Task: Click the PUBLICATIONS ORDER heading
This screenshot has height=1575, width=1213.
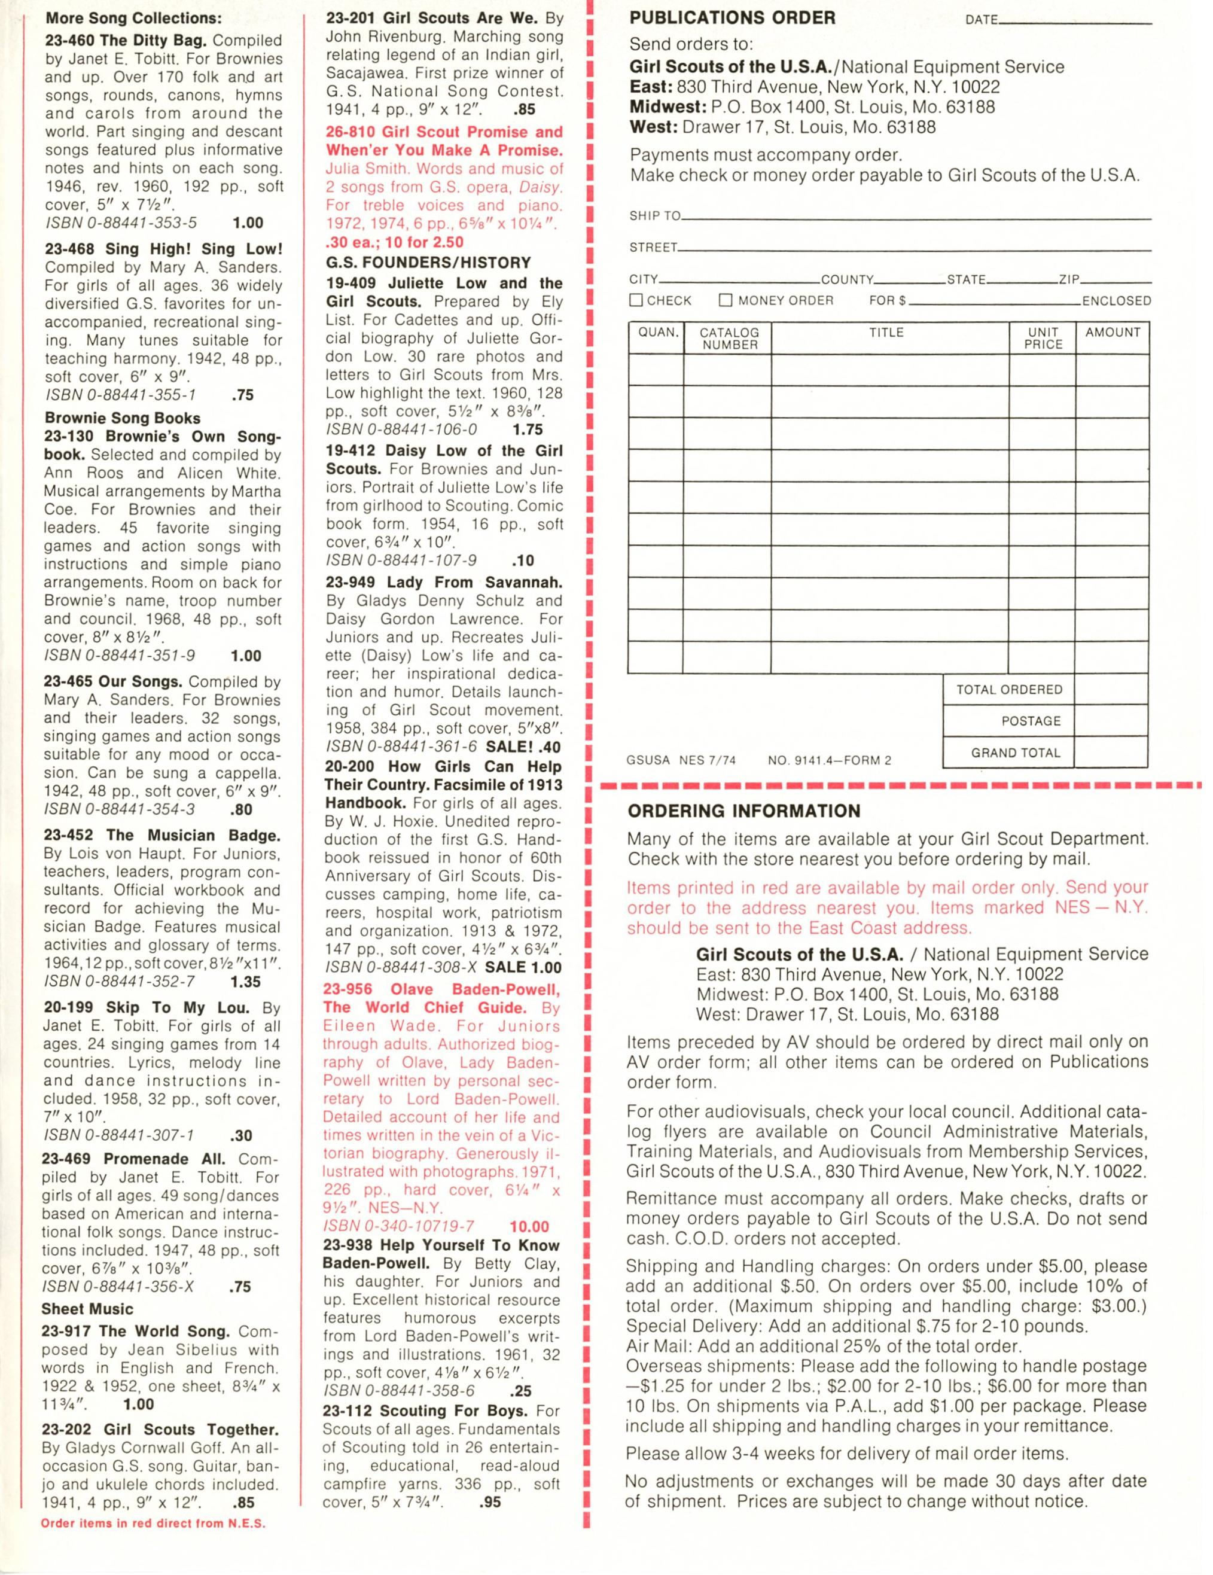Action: [x=732, y=19]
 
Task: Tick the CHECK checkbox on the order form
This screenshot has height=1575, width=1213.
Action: [x=636, y=300]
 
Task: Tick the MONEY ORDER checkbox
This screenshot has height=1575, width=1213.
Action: [x=726, y=300]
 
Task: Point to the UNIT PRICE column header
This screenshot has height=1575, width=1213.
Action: [x=1043, y=338]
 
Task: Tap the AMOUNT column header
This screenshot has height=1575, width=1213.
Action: [x=1113, y=333]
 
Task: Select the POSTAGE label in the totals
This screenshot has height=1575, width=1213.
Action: [x=1031, y=721]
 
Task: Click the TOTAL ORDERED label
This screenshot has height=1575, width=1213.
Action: [x=1009, y=690]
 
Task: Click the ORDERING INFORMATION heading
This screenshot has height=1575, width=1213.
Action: [x=743, y=811]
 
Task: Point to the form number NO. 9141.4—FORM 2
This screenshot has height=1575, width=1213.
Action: [x=830, y=760]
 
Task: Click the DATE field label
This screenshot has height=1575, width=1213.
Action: [x=981, y=20]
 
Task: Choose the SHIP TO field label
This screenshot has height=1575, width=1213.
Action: [x=655, y=215]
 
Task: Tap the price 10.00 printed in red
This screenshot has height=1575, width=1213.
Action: [x=529, y=1227]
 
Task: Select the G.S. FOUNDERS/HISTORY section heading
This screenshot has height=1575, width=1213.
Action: [x=428, y=263]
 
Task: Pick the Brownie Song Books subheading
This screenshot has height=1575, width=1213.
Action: [x=123, y=418]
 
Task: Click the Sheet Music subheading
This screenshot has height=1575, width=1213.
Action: [x=87, y=1309]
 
